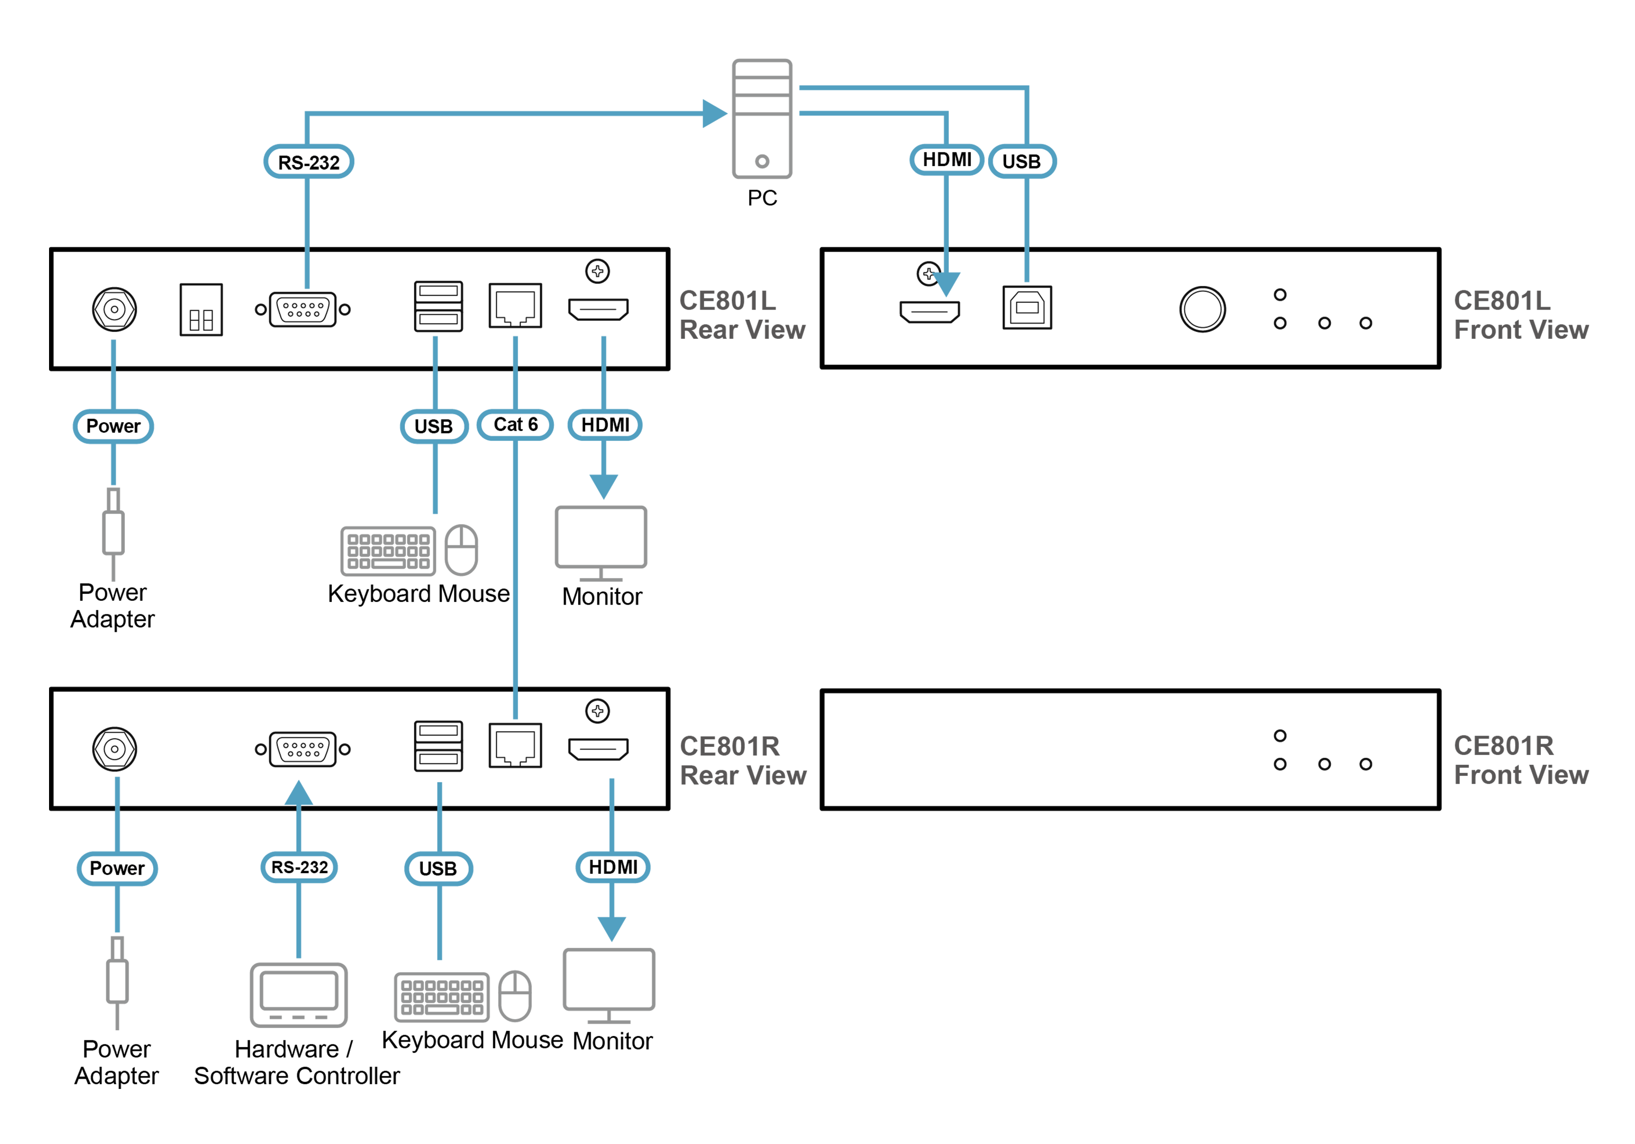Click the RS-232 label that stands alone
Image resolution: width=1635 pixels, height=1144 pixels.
308,162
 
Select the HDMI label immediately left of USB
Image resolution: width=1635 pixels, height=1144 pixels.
946,160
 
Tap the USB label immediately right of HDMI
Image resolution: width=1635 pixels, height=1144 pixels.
1021,162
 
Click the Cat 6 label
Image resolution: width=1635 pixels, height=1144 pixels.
515,424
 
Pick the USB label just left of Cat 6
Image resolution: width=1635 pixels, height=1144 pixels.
434,427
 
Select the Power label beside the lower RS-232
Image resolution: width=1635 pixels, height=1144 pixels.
117,868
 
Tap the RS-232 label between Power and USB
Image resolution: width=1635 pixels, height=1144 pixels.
299,867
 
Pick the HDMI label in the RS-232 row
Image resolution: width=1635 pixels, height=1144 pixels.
613,867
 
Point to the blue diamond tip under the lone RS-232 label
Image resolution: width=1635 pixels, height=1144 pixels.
306,272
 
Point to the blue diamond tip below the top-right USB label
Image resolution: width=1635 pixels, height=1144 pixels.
1026,269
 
